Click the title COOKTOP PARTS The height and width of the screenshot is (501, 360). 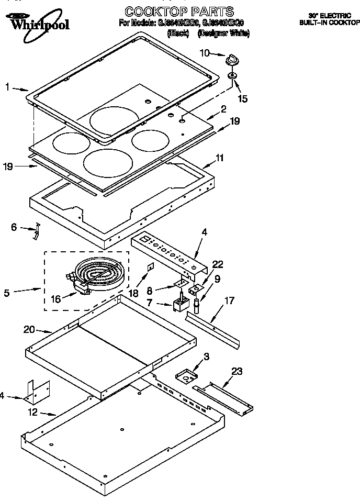coord(179,11)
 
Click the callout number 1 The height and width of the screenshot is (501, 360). coord(7,87)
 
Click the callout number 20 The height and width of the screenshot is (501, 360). coord(29,329)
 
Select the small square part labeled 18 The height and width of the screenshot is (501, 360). coord(150,267)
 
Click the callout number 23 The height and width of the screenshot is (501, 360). coord(238,371)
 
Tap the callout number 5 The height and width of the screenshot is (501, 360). coord(7,293)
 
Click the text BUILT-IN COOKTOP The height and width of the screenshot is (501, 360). coord(329,23)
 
